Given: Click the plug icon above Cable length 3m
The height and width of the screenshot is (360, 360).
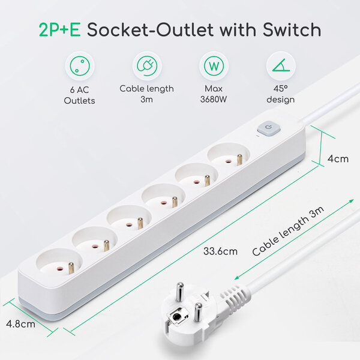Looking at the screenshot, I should tap(146, 65).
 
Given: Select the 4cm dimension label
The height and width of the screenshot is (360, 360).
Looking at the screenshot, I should tap(337, 159).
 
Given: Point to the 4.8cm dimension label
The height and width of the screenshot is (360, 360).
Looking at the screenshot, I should tap(20, 324).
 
